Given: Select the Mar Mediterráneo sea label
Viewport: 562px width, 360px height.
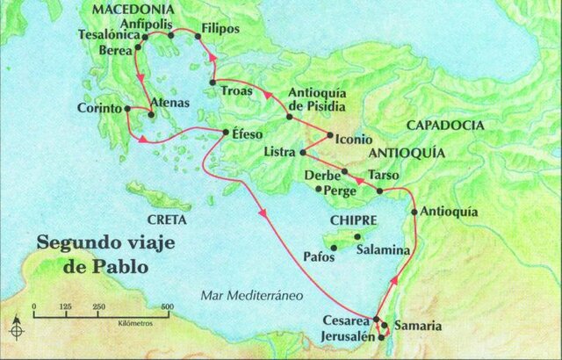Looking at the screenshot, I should [249, 296].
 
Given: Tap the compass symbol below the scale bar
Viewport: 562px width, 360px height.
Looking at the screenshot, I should [17, 330].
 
